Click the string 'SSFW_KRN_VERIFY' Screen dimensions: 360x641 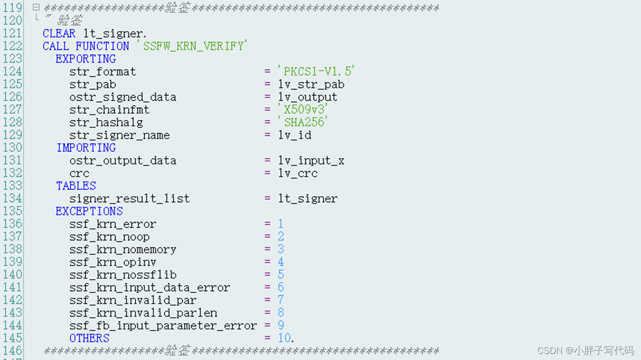coord(193,46)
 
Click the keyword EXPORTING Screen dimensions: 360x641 coord(85,59)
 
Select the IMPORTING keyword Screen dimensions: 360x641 coord(86,148)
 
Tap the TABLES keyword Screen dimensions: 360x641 coord(76,186)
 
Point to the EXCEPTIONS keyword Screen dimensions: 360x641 coord(89,211)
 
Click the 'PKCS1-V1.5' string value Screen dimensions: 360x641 coord(317,71)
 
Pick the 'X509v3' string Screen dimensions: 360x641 coord(303,110)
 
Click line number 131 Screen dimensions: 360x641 coord(13,160)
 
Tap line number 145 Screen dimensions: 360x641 coord(13,338)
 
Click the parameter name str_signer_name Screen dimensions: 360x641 coord(120,135)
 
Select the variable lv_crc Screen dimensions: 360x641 coord(298,173)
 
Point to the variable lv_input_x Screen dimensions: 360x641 coord(311,160)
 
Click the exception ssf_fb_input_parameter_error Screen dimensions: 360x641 coord(163,325)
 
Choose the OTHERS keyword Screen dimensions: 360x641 coord(89,338)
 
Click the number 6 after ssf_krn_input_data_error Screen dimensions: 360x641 coord(281,287)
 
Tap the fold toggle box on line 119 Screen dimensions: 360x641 coord(36,8)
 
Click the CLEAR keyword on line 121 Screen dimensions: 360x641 coord(59,34)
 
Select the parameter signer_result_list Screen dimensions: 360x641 coord(130,199)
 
